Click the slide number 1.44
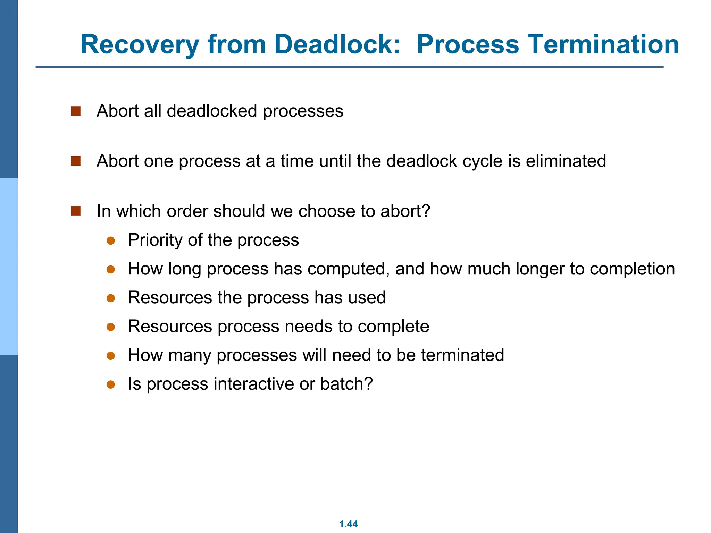click(348, 524)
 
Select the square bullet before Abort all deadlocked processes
click(76, 111)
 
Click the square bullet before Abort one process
click(76, 161)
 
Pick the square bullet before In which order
click(76, 211)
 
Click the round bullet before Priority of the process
click(111, 240)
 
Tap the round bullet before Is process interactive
click(111, 384)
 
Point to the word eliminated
click(566, 161)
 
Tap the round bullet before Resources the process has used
click(111, 298)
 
